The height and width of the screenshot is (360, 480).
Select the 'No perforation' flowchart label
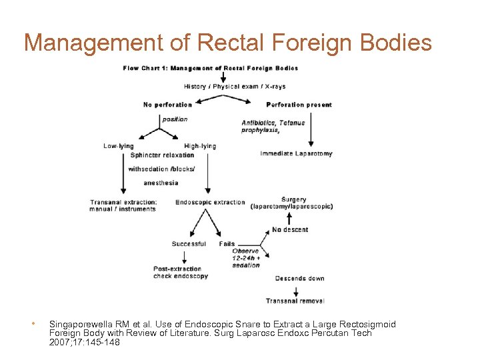[167, 105]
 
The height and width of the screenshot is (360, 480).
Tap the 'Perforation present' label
[299, 105]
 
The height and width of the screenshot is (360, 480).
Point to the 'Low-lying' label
[119, 146]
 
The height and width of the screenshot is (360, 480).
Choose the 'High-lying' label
[200, 146]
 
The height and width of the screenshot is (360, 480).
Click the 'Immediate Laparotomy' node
[296, 153]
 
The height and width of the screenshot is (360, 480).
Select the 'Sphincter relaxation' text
[162, 155]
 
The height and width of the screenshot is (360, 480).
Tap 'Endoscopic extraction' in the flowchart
[210, 203]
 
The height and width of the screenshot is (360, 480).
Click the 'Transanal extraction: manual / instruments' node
[123, 205]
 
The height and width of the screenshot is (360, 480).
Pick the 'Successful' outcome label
[189, 244]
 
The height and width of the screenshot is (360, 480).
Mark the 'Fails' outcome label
[227, 244]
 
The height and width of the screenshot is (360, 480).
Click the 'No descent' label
[290, 230]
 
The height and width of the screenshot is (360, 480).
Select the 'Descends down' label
[299, 279]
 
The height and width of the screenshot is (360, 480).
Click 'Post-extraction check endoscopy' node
[181, 273]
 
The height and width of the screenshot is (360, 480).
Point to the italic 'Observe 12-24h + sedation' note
[246, 258]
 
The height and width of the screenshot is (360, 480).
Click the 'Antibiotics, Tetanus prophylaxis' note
[273, 126]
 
